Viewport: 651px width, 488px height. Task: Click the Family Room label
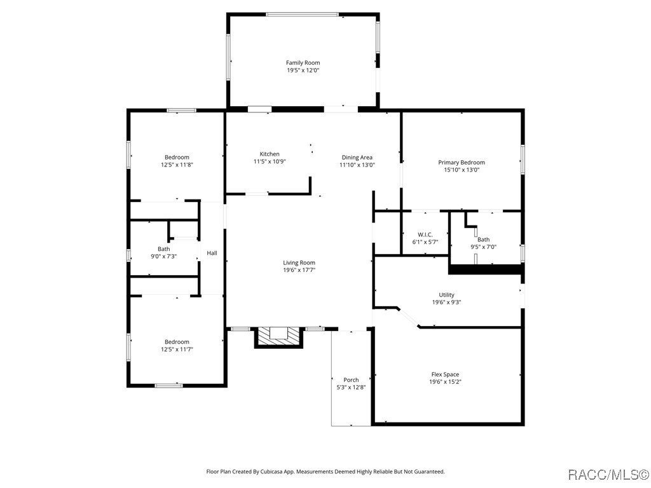(x=303, y=63)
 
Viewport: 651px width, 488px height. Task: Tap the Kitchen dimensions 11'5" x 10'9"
(x=270, y=162)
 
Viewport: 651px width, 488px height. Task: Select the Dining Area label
(x=357, y=158)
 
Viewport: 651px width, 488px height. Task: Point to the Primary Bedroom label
(x=462, y=163)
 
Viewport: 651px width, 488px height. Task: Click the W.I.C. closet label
(x=425, y=234)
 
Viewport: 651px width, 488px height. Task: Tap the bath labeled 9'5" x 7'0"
(x=483, y=243)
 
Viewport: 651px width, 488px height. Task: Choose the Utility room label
(x=446, y=295)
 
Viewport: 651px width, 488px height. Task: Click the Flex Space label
(x=445, y=375)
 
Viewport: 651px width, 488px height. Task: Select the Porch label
(x=351, y=380)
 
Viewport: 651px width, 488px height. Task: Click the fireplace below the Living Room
(x=279, y=337)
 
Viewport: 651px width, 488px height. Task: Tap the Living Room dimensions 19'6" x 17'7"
(x=299, y=270)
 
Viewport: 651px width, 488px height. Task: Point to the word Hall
(x=212, y=253)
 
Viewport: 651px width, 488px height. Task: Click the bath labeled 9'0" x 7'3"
(x=164, y=253)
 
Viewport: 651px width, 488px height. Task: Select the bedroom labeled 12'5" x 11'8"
(x=177, y=161)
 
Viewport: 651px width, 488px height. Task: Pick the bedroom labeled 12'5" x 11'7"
(x=177, y=346)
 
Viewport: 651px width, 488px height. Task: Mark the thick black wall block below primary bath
(x=486, y=270)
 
